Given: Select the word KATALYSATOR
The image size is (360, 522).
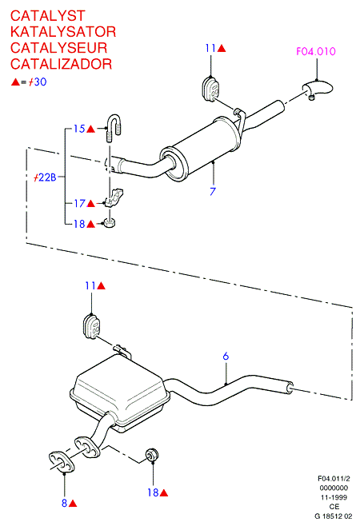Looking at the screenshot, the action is pos(63,32).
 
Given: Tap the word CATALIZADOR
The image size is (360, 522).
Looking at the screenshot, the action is pos(62,64).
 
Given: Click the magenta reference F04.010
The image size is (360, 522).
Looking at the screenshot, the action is pos(316,51).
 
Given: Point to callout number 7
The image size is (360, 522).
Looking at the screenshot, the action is pos(213,191).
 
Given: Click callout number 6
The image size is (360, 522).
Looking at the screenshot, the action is pos(226,357).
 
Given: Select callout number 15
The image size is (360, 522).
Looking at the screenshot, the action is pos(79,129).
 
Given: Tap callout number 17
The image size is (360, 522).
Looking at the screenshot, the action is pos(79,203).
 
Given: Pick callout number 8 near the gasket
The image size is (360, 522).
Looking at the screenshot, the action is pos(64,503).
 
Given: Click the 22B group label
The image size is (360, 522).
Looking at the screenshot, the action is pos(46,177).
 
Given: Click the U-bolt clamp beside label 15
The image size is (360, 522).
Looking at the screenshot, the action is pos(114,128).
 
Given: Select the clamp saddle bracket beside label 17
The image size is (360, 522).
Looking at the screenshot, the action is pos(114,198).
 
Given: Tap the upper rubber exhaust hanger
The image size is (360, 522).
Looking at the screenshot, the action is pos(211,89).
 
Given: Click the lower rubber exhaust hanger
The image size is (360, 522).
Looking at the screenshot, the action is pos(91,326).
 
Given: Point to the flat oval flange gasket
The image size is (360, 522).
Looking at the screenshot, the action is pos(62,462).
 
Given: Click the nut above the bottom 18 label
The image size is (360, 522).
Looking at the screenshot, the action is pos(152,455).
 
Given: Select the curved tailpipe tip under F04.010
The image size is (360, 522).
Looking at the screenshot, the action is pos(317,90).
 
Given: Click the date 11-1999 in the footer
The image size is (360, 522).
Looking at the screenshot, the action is pos(334,497).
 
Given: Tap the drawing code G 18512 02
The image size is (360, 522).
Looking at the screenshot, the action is pos(334,516).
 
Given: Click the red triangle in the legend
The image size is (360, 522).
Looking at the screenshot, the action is pos(16,82).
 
